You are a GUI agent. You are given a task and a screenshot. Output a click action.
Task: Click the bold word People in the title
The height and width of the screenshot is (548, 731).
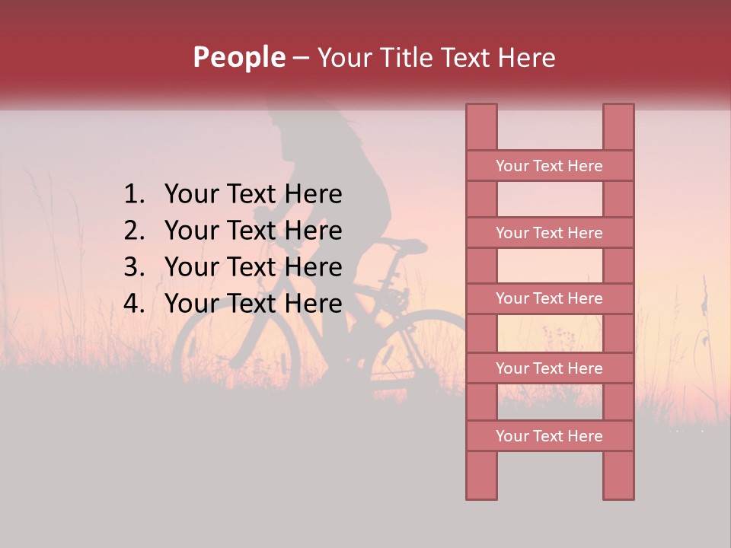point(238,58)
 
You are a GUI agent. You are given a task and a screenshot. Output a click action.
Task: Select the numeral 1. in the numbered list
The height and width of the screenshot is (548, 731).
point(135,195)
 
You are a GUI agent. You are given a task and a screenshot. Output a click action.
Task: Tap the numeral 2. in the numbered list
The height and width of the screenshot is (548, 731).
point(135,231)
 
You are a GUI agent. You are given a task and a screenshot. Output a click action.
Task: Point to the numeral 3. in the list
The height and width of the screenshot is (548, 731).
point(135,267)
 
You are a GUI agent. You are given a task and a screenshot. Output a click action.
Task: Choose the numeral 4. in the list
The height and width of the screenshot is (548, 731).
point(135,304)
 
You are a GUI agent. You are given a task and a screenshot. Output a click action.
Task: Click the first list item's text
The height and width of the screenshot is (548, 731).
point(253,195)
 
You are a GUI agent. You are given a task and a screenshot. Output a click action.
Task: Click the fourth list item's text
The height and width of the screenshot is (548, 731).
point(253,304)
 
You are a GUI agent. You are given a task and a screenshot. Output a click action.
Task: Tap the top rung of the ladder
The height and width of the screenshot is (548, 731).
point(549,166)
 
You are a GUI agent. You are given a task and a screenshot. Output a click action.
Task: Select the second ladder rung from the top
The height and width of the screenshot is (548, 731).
point(549,233)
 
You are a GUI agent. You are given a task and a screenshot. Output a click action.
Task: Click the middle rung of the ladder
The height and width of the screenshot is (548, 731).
point(549,298)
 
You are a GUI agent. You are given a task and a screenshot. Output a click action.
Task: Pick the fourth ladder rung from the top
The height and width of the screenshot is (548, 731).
point(549,368)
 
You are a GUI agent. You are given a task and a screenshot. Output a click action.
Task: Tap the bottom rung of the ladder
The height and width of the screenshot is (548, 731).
point(549,436)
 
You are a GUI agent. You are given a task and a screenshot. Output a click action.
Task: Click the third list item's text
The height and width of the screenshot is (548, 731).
point(253,267)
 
